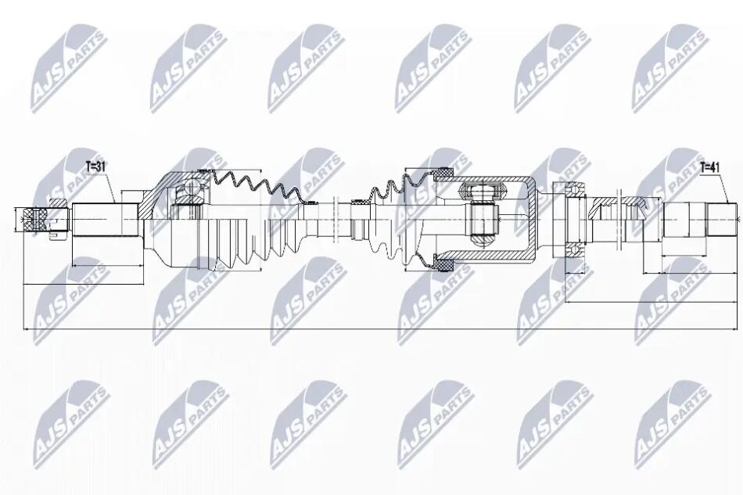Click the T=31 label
pos(95,167)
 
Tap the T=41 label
pos(709,167)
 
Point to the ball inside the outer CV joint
pos(193,185)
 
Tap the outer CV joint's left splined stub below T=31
pos(105,220)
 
